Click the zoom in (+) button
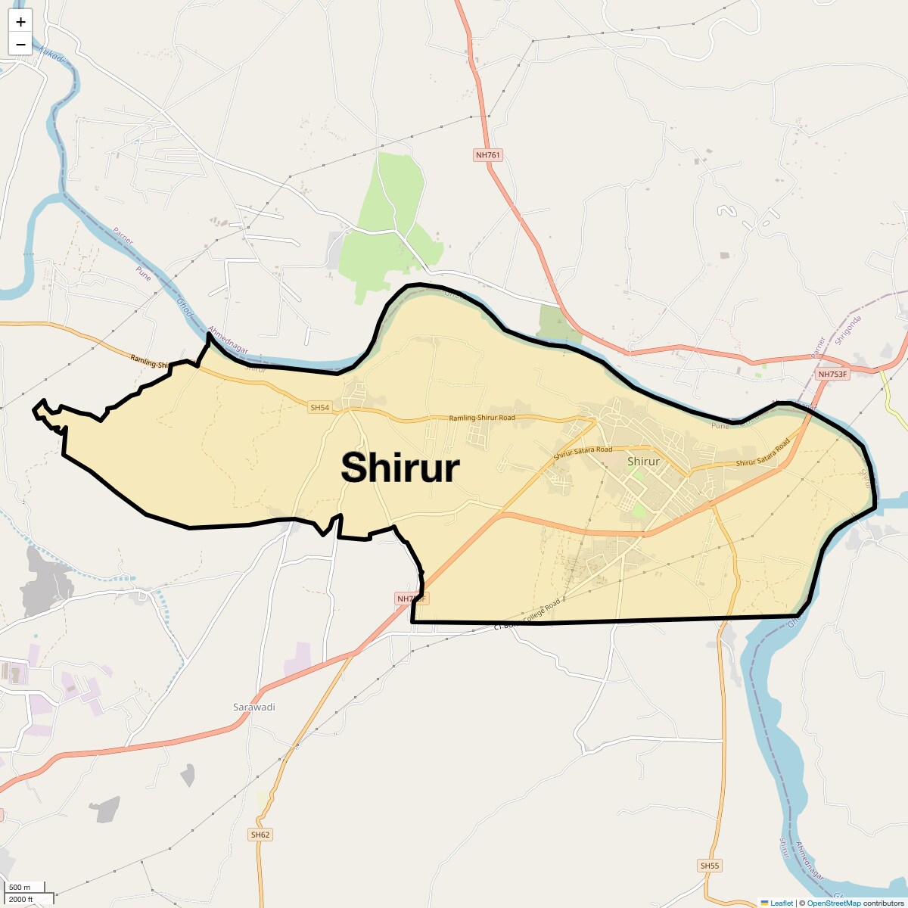pyautogui.click(x=20, y=22)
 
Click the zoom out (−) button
pyautogui.click(x=20, y=44)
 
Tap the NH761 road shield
pyautogui.click(x=488, y=155)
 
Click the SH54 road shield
pyautogui.click(x=320, y=408)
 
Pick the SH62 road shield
pyautogui.click(x=260, y=835)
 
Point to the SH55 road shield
pyautogui.click(x=709, y=866)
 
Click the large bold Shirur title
pyautogui.click(x=400, y=468)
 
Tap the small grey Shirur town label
pyautogui.click(x=643, y=462)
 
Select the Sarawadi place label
pyautogui.click(x=253, y=707)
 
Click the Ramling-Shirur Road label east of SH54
pyautogui.click(x=482, y=418)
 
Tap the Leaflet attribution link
pyautogui.click(x=781, y=903)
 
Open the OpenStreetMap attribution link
pyautogui.click(x=833, y=903)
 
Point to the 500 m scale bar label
pyautogui.click(x=20, y=888)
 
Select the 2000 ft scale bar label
pyautogui.click(x=20, y=899)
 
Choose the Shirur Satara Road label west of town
pyautogui.click(x=583, y=452)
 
